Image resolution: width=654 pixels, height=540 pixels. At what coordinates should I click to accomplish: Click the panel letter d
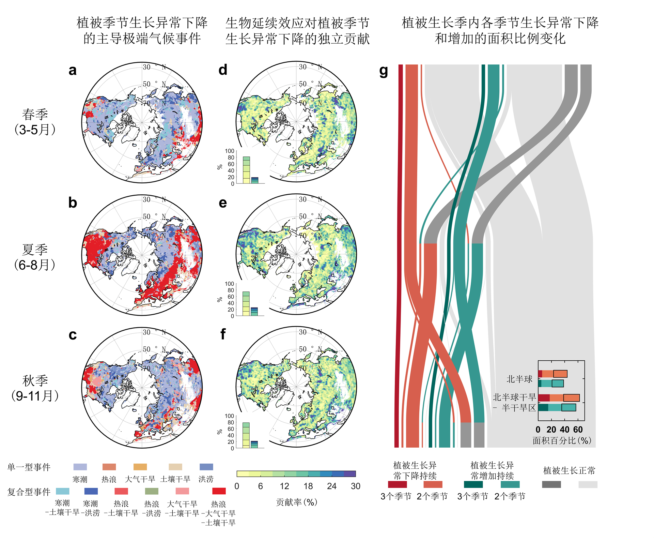[x=223, y=70]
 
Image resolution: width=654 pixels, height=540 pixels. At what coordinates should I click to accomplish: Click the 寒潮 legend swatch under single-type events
[x=80, y=467]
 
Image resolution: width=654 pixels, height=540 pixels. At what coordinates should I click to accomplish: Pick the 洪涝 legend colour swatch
[x=206, y=467]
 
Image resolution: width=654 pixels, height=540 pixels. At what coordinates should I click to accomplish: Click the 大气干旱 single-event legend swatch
[x=140, y=467]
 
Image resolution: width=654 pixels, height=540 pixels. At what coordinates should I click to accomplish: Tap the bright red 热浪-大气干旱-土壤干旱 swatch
[x=219, y=491]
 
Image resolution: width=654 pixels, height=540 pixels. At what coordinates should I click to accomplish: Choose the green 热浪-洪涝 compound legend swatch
[x=152, y=491]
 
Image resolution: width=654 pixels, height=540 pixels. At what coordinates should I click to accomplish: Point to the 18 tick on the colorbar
[x=308, y=486]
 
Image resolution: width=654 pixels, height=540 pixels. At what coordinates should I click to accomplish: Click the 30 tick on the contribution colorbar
[x=355, y=486]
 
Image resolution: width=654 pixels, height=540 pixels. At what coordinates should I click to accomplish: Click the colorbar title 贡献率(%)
[x=296, y=502]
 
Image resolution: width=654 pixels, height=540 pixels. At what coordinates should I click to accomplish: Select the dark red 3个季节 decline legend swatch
[x=397, y=484]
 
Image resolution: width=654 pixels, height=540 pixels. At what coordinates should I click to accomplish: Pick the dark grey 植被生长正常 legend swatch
[x=551, y=484]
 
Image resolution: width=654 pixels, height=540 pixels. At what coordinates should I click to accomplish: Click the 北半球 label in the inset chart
[x=519, y=379]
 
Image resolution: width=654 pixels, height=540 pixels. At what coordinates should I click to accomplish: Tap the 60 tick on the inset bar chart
[x=578, y=430]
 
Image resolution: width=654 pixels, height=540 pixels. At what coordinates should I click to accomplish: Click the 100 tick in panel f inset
[x=230, y=416]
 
